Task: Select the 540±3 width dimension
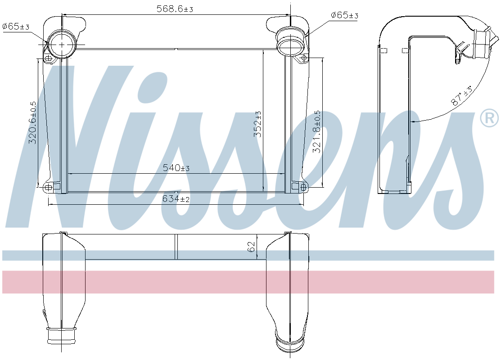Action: pos(176,168)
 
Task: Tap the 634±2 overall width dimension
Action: pos(176,198)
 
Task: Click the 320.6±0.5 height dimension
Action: pos(33,122)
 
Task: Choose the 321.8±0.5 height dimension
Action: pos(317,131)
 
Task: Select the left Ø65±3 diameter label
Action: pos(16,27)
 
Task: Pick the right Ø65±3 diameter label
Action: pos(344,16)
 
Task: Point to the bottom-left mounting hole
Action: pos(48,186)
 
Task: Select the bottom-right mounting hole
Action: pos(303,186)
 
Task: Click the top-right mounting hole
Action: pos(304,58)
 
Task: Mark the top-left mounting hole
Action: pos(48,58)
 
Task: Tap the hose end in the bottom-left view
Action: pos(62,336)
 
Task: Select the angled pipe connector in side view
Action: pos(481,43)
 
